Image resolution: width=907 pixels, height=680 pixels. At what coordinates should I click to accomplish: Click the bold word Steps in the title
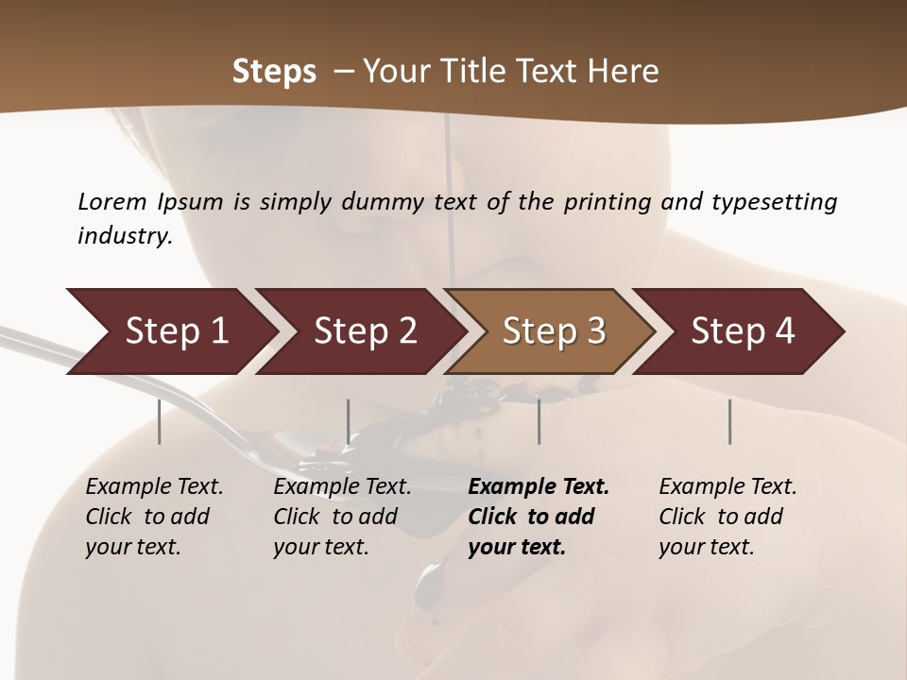point(274,72)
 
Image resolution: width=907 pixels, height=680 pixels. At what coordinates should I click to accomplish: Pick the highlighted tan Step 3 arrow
point(552,331)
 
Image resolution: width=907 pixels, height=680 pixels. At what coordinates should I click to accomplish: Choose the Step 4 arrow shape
point(741,331)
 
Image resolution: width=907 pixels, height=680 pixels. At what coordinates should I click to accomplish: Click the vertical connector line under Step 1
point(160,421)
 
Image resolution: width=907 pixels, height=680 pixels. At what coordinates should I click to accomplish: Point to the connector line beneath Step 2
point(349,421)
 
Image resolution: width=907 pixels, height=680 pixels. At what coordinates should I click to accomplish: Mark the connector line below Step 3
point(539,421)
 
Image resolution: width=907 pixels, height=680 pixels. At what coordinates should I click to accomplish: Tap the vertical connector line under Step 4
point(730,421)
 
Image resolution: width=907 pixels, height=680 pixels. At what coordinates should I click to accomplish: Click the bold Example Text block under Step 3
point(538,517)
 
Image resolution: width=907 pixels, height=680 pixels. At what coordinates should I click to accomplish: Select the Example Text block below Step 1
point(154,517)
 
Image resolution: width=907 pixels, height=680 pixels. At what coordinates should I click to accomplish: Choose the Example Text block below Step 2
point(342,517)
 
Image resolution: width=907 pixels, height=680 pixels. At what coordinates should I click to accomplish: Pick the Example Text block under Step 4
point(727,517)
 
